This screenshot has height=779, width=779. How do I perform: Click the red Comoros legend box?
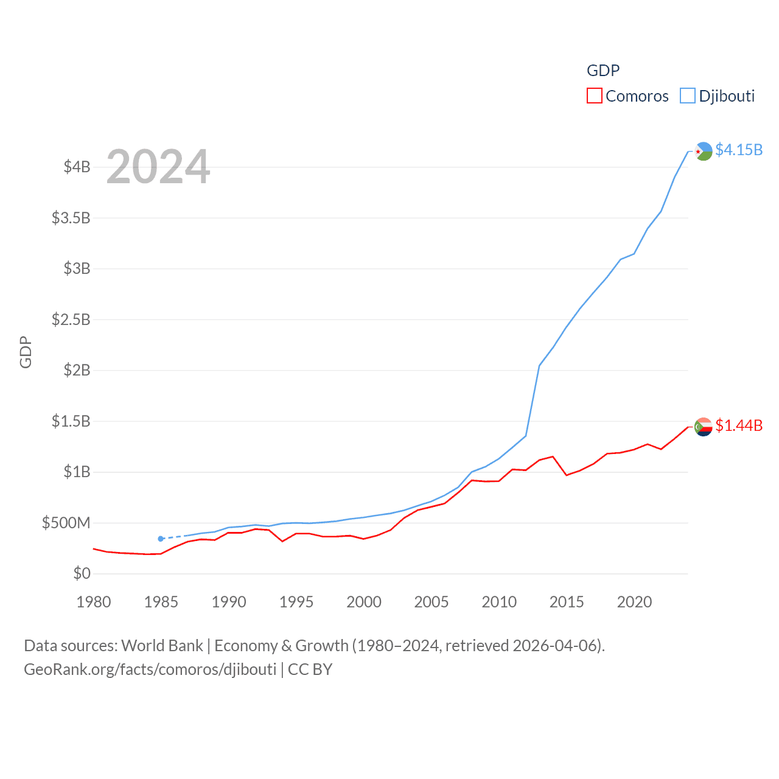click(x=594, y=96)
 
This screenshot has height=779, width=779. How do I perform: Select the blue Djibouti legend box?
click(x=687, y=96)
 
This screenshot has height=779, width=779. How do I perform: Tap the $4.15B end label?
click(x=739, y=150)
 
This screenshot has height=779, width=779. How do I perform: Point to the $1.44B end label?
click(x=739, y=425)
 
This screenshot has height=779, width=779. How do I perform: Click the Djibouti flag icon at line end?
click(x=704, y=151)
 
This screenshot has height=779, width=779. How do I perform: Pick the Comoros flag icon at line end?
click(x=704, y=427)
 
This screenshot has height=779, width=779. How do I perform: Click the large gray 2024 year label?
click(x=158, y=167)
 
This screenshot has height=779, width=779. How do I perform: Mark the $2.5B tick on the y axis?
click(x=71, y=320)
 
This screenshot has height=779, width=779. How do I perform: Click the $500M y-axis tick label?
click(x=66, y=523)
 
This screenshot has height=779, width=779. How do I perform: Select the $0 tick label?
click(x=82, y=573)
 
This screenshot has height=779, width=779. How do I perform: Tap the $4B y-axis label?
click(x=77, y=167)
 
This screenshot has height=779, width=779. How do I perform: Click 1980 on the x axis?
click(x=94, y=602)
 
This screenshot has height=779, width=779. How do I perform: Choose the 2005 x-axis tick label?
click(x=431, y=602)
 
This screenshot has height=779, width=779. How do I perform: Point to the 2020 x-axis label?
click(x=634, y=602)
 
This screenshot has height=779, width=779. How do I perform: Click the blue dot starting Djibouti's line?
click(x=161, y=539)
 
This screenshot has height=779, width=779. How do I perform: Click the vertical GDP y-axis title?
click(x=26, y=352)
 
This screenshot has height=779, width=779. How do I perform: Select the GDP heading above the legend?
click(x=603, y=71)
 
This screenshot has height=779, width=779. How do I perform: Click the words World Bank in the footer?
click(x=162, y=646)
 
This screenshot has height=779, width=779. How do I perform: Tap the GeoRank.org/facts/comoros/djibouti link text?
click(x=150, y=669)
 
